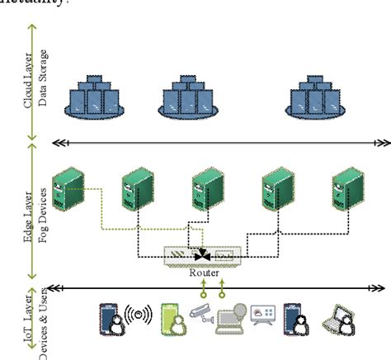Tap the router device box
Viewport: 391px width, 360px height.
203,255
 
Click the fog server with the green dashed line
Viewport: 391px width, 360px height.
64,192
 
